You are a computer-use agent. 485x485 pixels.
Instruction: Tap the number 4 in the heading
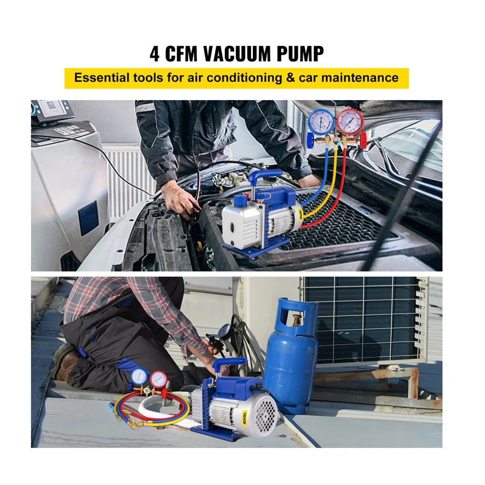pyautogui.click(x=155, y=54)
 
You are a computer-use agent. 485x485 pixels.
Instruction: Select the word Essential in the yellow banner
pyautogui.click(x=101, y=78)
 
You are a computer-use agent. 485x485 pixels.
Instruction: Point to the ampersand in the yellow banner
pyautogui.click(x=290, y=78)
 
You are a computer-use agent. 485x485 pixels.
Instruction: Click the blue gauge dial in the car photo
pyautogui.click(x=321, y=122)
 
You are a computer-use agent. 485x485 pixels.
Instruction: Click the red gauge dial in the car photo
pyautogui.click(x=350, y=122)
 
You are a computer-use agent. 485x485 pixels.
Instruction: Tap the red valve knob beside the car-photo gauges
pyautogui.click(x=363, y=141)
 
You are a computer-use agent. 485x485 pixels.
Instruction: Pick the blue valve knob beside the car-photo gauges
pyautogui.click(x=310, y=141)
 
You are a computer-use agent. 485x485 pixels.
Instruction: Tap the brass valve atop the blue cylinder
pyautogui.click(x=297, y=322)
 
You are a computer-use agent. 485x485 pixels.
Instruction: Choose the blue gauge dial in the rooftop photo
pyautogui.click(x=139, y=376)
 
